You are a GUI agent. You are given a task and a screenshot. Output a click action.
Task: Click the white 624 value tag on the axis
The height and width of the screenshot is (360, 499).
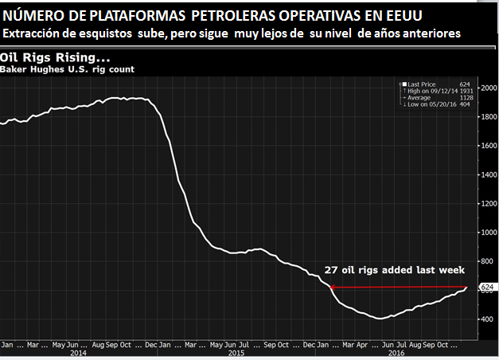tap(486, 287)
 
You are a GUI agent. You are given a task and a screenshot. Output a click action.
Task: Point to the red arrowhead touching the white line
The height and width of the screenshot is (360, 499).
tap(332, 287)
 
